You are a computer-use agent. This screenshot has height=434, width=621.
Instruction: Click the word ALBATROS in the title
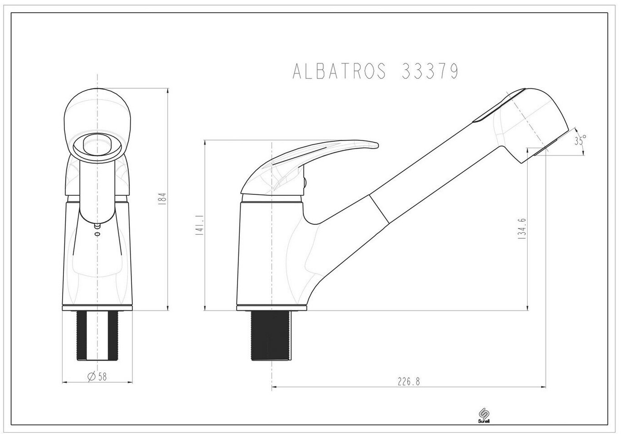tap(339, 71)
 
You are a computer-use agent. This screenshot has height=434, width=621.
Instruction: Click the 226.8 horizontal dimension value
tap(409, 382)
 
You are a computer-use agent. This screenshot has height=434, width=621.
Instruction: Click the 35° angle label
tap(580, 140)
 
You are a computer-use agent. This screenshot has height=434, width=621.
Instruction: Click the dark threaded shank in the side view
tap(272, 335)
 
